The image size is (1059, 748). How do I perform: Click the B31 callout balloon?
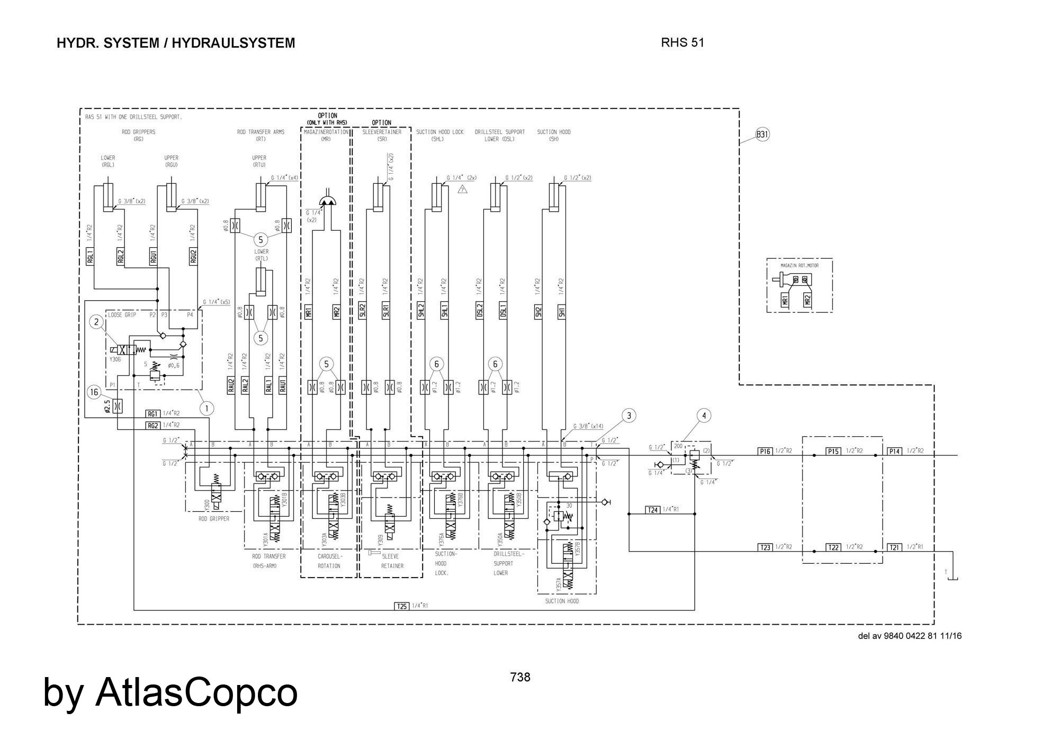pos(762,134)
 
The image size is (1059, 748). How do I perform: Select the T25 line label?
pos(402,606)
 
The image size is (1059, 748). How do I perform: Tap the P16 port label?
pos(765,451)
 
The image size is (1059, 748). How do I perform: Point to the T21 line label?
pos(894,547)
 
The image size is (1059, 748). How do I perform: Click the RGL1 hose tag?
pos(90,256)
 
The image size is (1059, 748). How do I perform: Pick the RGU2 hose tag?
pos(193,256)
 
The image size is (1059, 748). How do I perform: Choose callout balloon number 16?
pos(94,392)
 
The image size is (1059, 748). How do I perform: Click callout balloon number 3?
pos(629,416)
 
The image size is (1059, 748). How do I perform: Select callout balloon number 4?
pos(704,416)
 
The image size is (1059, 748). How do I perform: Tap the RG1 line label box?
pos(152,413)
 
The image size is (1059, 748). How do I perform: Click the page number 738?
pos(520,677)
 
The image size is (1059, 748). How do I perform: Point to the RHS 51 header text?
pos(683,43)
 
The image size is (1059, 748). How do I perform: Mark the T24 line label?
pos(653,510)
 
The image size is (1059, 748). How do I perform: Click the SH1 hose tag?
pos(562,312)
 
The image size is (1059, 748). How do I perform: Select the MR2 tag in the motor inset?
pos(807,300)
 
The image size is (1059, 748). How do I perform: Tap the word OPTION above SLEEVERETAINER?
pos(381,123)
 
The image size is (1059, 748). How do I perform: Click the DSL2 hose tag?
pos(479,312)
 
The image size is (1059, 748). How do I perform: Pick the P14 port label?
pos(894,451)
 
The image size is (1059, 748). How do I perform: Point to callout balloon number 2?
pos(96,321)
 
